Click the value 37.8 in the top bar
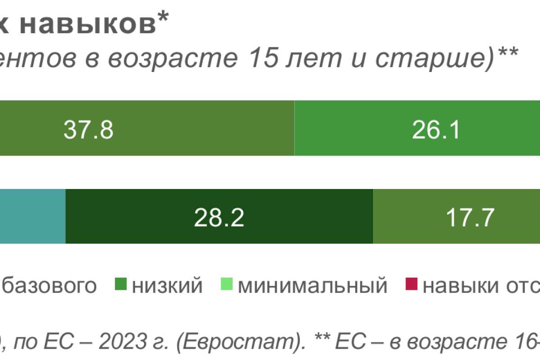[88, 130]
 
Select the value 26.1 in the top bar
[436, 130]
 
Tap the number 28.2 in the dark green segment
[219, 218]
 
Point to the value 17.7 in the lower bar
[470, 218]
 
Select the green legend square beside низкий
[121, 285]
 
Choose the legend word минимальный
[312, 285]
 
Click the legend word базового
[50, 286]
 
